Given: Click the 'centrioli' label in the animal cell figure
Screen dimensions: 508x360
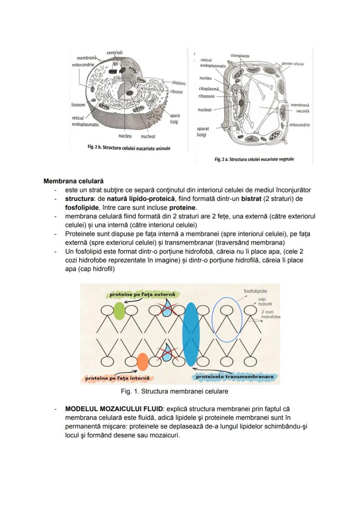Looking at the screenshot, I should (x=114, y=53).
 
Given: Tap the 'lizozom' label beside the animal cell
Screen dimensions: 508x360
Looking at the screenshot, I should (x=78, y=105).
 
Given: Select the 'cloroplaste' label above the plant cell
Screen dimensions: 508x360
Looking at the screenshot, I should (x=240, y=56).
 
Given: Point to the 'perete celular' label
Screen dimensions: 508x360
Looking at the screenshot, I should (x=293, y=64).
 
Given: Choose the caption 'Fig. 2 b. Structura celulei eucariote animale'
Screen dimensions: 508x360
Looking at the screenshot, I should (x=129, y=148).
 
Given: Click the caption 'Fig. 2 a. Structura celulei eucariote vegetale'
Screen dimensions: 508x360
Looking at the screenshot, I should (x=254, y=159).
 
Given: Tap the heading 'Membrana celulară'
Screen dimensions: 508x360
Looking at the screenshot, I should (x=73, y=181).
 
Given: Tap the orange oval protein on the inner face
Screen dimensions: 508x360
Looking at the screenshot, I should (x=142, y=362).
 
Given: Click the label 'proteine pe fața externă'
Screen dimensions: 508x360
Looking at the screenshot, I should (x=142, y=295).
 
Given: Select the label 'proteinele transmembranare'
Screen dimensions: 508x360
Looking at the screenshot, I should (x=234, y=376).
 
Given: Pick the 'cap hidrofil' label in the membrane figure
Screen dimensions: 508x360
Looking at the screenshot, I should (x=264, y=302).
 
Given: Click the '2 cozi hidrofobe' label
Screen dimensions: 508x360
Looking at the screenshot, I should (x=270, y=315).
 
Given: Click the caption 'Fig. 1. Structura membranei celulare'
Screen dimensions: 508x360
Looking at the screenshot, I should (x=174, y=391).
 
